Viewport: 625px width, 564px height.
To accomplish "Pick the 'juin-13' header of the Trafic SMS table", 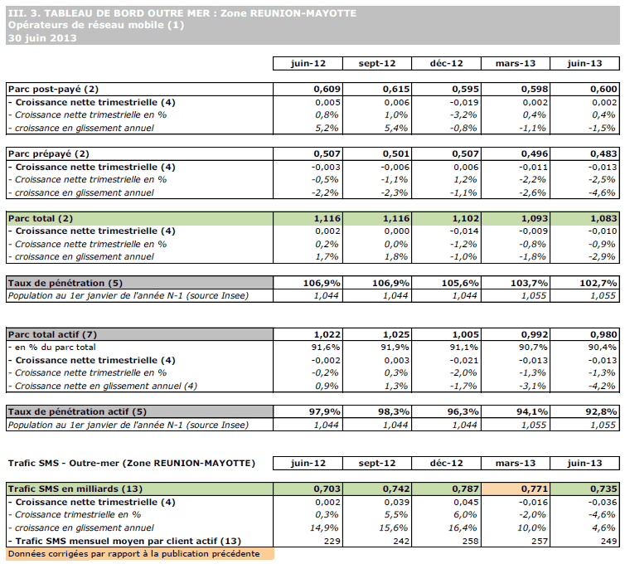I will point(591,463).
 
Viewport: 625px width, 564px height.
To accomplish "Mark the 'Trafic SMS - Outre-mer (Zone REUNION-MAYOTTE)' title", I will point(130,463).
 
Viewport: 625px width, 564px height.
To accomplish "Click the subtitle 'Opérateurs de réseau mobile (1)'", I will point(95,25).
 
